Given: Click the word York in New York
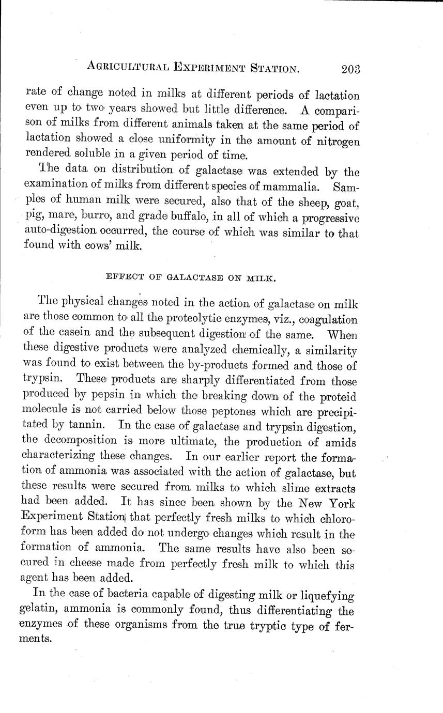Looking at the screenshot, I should (x=340, y=503).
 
